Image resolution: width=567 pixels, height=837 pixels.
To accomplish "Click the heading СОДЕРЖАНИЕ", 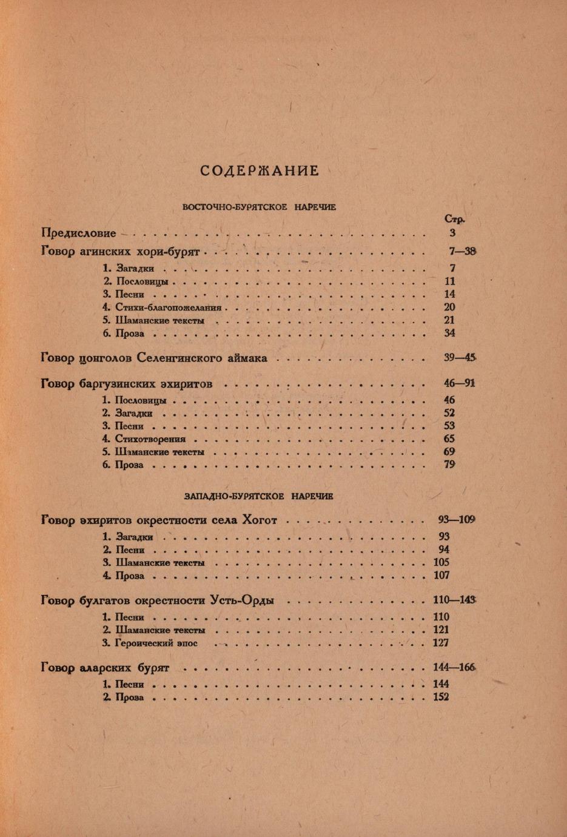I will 260,170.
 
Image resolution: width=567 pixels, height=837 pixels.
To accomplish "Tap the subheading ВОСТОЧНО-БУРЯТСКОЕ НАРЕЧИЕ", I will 260,207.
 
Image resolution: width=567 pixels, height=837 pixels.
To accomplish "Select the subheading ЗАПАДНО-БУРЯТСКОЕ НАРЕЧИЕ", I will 259,496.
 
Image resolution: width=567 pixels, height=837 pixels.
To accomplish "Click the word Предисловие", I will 79,233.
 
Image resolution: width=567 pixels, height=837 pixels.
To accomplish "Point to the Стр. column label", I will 454,219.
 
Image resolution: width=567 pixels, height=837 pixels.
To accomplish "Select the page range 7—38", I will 460,250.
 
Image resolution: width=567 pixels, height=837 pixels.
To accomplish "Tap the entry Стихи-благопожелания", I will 168,308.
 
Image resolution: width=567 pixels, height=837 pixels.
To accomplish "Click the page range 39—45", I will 460,358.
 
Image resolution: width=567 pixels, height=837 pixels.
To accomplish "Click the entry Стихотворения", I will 150,439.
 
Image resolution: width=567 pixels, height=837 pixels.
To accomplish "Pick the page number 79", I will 449,465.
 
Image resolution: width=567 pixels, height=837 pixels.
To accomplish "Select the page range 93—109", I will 456,520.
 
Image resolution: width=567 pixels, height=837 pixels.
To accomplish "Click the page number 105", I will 441,563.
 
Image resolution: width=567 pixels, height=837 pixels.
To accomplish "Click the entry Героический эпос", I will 156,643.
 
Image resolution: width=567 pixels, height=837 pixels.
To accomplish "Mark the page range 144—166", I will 454,668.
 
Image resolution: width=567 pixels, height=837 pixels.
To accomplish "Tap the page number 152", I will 441,697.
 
